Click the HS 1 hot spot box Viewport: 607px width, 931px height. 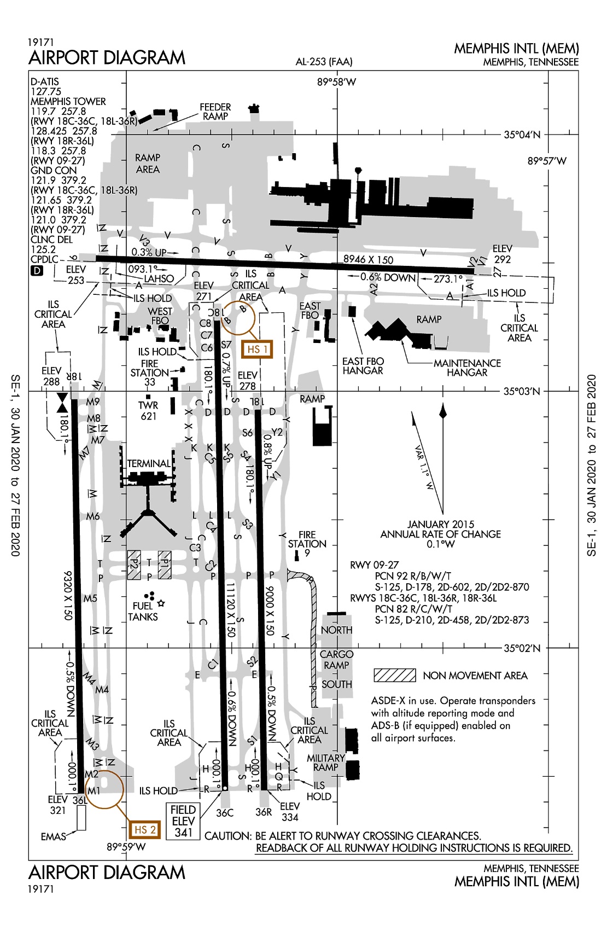pyautogui.click(x=257, y=349)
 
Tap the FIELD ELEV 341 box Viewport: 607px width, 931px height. pyautogui.click(x=183, y=821)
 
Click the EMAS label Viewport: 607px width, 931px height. pyautogui.click(x=54, y=837)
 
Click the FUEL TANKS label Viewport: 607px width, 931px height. pyautogui.click(x=143, y=612)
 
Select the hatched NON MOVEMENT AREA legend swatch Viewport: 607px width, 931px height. pyautogui.click(x=394, y=676)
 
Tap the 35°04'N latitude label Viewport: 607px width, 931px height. pyautogui.click(x=522, y=135)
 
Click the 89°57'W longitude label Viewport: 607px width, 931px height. pyautogui.click(x=547, y=161)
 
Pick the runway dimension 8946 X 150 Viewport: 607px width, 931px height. pyautogui.click(x=368, y=260)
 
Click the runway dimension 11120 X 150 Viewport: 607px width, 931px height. pyautogui.click(x=231, y=610)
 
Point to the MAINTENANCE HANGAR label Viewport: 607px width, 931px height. pyautogui.click(x=467, y=368)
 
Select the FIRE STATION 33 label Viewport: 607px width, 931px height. pyautogui.click(x=150, y=373)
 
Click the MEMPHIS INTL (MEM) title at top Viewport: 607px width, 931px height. pyautogui.click(x=516, y=49)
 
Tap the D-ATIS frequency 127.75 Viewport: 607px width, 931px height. pyautogui.click(x=46, y=91)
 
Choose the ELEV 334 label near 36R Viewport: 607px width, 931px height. pyautogui.click(x=290, y=812)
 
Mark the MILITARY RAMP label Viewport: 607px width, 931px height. pyautogui.click(x=326, y=763)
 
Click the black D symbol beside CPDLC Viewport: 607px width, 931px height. pyautogui.click(x=37, y=271)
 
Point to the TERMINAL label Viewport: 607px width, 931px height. pyautogui.click(x=149, y=463)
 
